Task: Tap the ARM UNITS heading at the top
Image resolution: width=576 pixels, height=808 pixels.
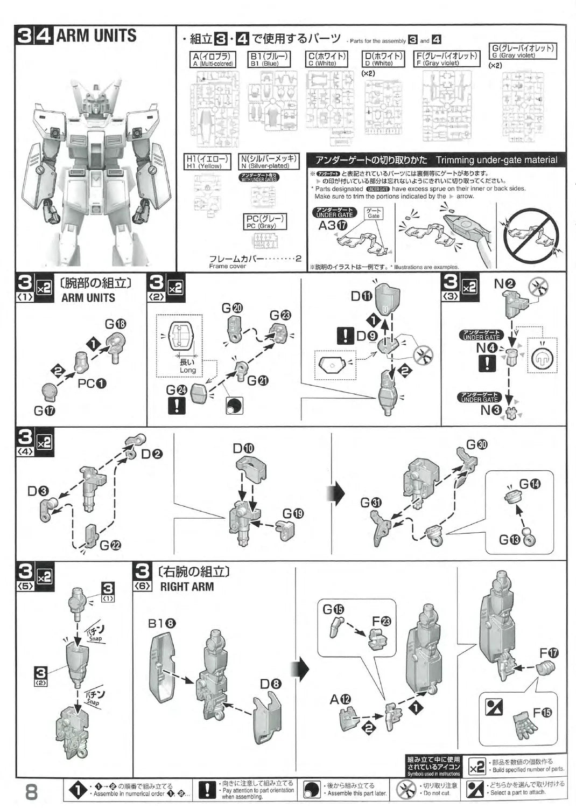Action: click(x=96, y=36)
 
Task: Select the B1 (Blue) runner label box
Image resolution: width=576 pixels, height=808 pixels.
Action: click(x=270, y=59)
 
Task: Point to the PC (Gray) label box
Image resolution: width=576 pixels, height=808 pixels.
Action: click(x=265, y=222)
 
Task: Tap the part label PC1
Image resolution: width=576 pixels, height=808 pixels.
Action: click(x=92, y=384)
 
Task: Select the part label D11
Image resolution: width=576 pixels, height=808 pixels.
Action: click(x=361, y=296)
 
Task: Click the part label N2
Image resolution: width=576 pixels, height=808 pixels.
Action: click(x=505, y=284)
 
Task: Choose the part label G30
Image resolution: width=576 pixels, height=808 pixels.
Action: click(x=477, y=444)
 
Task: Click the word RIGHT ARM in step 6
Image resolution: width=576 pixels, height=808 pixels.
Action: click(x=187, y=587)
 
